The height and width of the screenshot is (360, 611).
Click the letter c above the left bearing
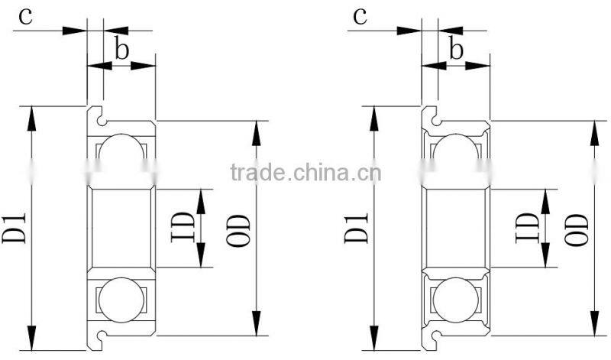click(25, 17)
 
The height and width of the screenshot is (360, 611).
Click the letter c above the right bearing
click(361, 17)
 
